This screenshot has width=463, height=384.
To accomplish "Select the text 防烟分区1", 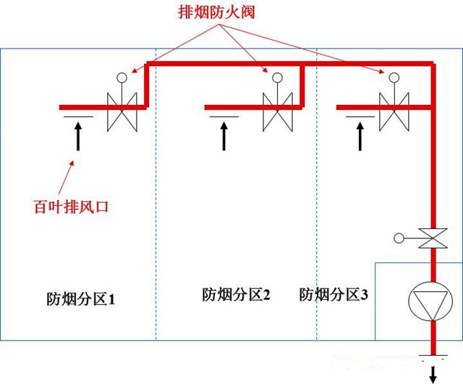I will point(81,298).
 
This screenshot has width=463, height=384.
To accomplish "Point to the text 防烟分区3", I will point(334,294).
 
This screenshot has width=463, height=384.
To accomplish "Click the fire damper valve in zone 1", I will point(122,112).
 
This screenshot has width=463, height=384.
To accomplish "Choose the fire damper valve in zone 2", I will point(277,112).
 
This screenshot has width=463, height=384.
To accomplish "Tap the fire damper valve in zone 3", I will point(393,112).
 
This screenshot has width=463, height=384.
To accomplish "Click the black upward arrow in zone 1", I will point(77,135).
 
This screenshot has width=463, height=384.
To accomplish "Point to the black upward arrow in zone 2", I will point(224,135).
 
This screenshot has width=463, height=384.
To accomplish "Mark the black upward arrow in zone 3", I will point(359,135).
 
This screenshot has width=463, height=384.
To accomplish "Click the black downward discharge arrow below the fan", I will point(433,373).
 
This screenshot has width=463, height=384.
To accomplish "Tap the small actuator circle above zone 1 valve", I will point(122,77).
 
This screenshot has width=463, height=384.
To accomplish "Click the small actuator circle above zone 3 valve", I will point(393,77).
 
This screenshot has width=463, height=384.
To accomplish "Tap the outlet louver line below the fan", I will point(433,356).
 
